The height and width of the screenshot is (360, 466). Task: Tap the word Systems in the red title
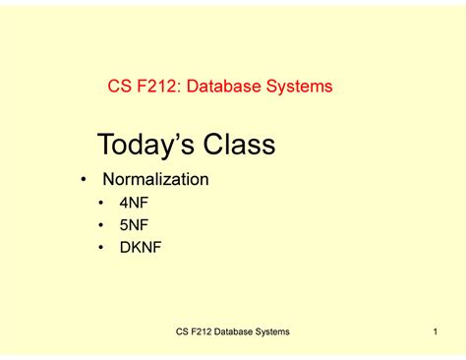pyautogui.click(x=300, y=87)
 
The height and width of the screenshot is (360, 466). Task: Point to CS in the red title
pyautogui.click(x=118, y=87)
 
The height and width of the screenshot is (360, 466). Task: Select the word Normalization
pyautogui.click(x=156, y=180)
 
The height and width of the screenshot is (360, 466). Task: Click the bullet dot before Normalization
pyautogui.click(x=84, y=181)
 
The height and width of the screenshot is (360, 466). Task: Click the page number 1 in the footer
pyautogui.click(x=434, y=333)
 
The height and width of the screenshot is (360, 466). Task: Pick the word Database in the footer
pyautogui.click(x=230, y=333)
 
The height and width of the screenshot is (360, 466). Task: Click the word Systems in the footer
pyautogui.click(x=272, y=333)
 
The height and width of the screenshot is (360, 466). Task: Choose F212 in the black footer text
pyautogui.click(x=190, y=333)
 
